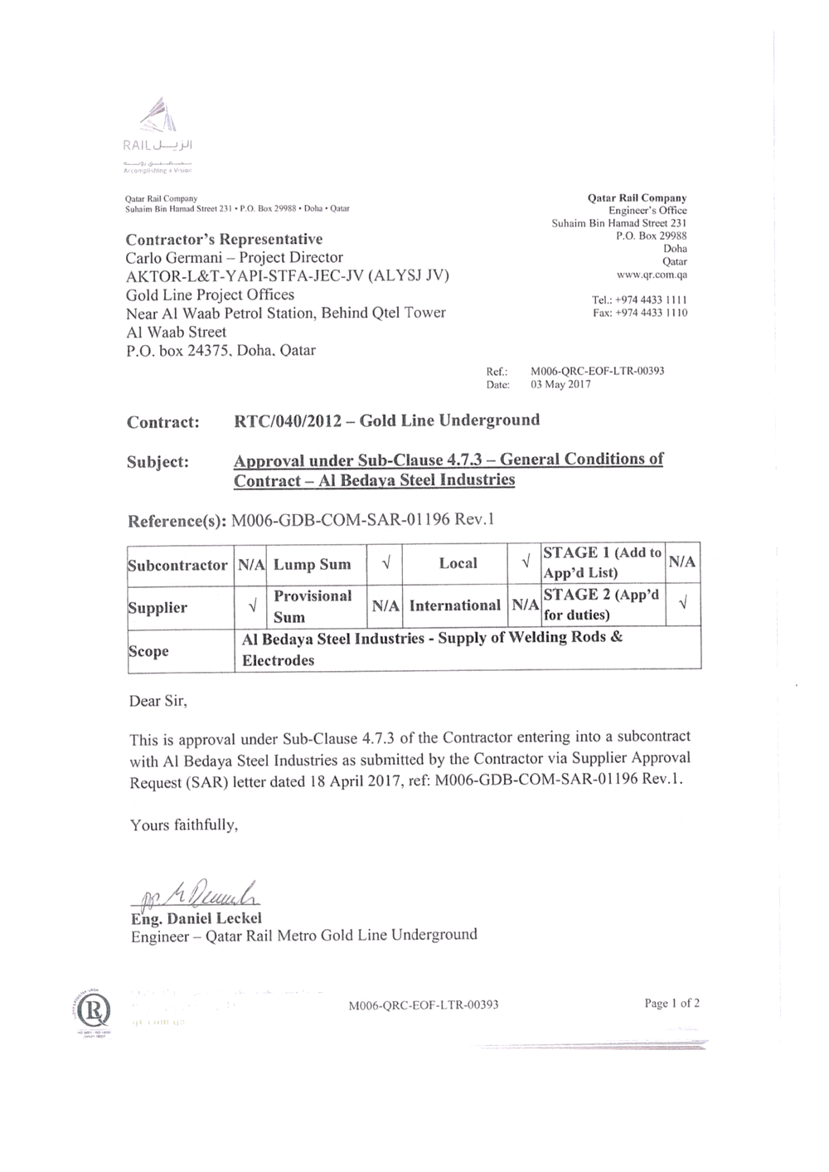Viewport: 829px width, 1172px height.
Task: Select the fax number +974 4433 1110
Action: point(651,313)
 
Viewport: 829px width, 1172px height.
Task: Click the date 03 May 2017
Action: point(560,384)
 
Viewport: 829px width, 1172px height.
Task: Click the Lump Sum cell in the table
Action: point(312,565)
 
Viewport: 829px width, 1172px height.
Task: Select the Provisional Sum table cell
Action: point(313,606)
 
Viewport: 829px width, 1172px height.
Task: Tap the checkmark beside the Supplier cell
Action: point(251,607)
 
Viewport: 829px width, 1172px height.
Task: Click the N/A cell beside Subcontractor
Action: point(251,565)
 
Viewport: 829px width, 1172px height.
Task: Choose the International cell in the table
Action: point(454,605)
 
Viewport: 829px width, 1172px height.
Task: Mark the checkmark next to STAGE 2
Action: point(683,605)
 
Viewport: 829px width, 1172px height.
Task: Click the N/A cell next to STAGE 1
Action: point(682,562)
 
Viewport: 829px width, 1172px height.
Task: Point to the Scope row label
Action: point(148,651)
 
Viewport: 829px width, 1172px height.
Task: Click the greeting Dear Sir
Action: point(158,702)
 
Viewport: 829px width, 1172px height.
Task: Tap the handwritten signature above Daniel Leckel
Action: point(196,894)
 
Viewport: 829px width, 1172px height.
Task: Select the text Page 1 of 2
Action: point(671,1003)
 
